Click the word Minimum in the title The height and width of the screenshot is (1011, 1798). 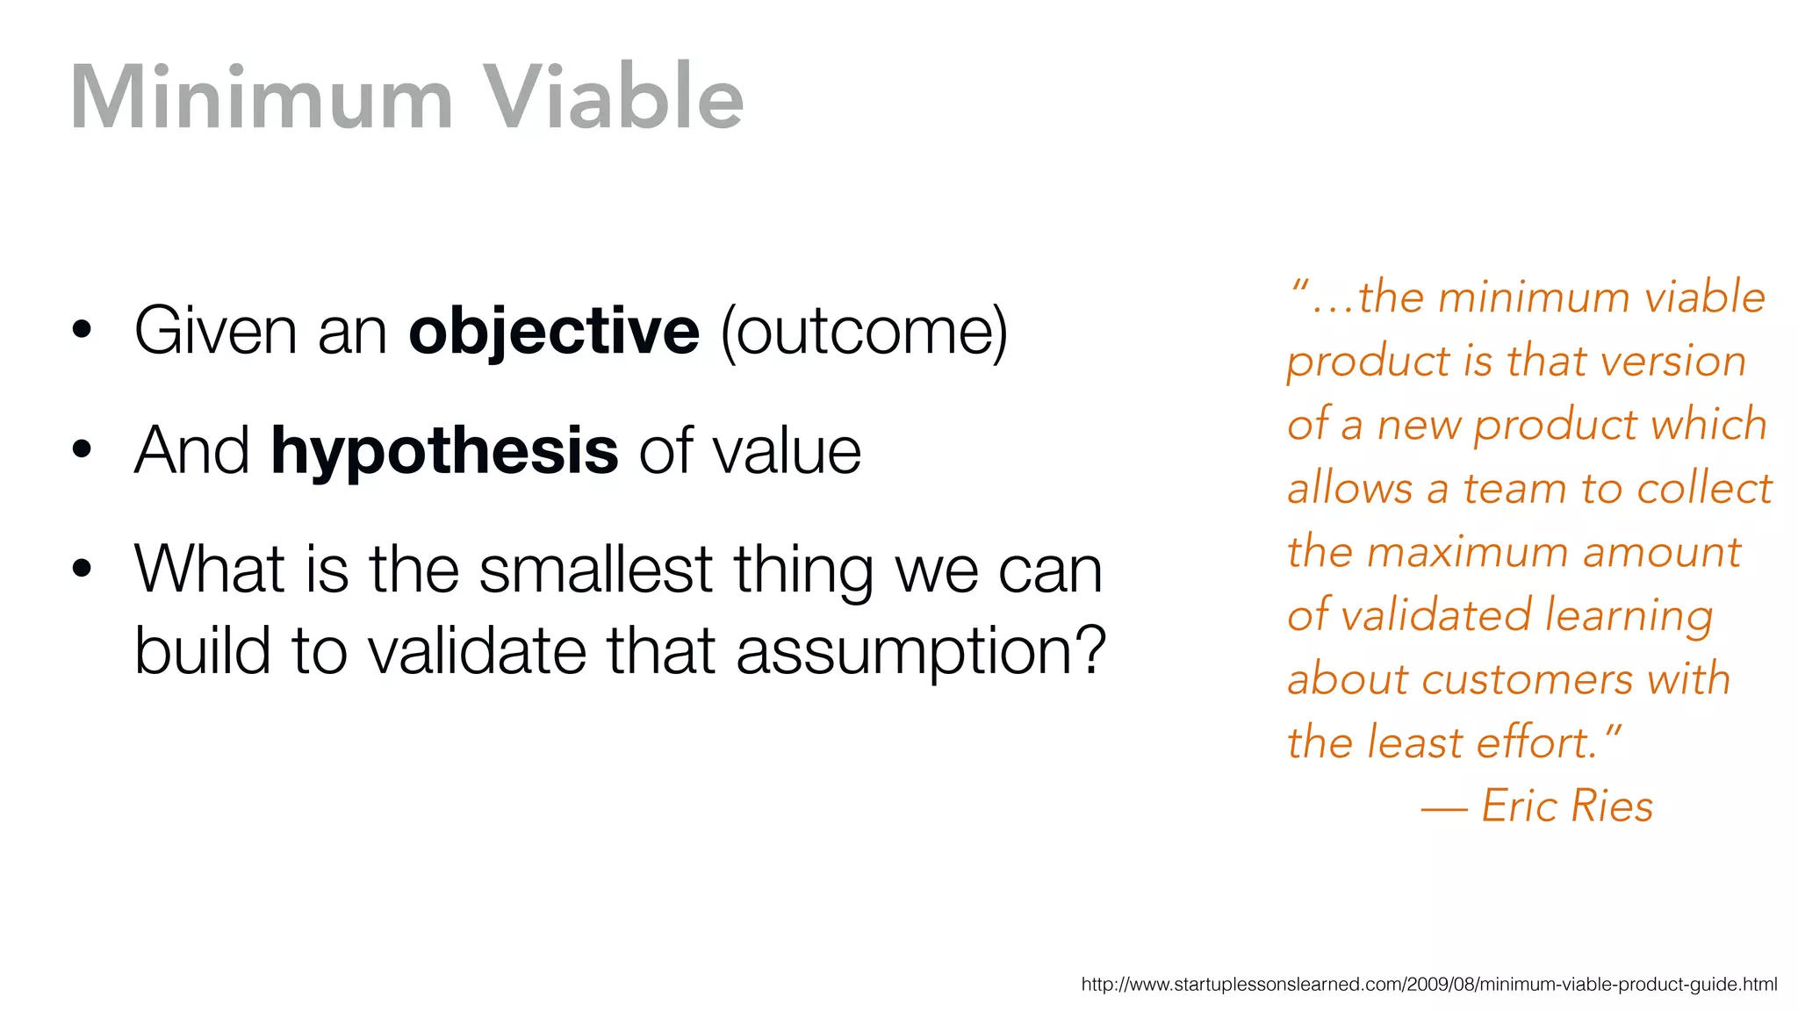[x=262, y=98]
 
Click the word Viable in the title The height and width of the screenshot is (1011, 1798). [x=614, y=98]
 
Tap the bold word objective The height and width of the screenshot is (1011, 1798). [x=554, y=333]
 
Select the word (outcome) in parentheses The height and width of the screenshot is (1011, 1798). [x=864, y=333]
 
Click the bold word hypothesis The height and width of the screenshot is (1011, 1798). [x=445, y=452]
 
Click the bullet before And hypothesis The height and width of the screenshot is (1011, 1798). [x=83, y=450]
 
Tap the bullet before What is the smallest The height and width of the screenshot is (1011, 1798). [x=83, y=569]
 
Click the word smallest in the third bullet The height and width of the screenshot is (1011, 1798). [x=596, y=570]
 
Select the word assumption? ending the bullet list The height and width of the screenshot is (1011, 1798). [x=920, y=652]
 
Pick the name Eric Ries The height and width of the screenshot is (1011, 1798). [x=1567, y=806]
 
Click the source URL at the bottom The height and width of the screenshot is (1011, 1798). [x=1428, y=985]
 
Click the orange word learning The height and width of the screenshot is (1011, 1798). [x=1629, y=616]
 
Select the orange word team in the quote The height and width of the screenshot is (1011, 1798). [x=1514, y=489]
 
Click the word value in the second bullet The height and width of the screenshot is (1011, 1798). [x=786, y=452]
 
